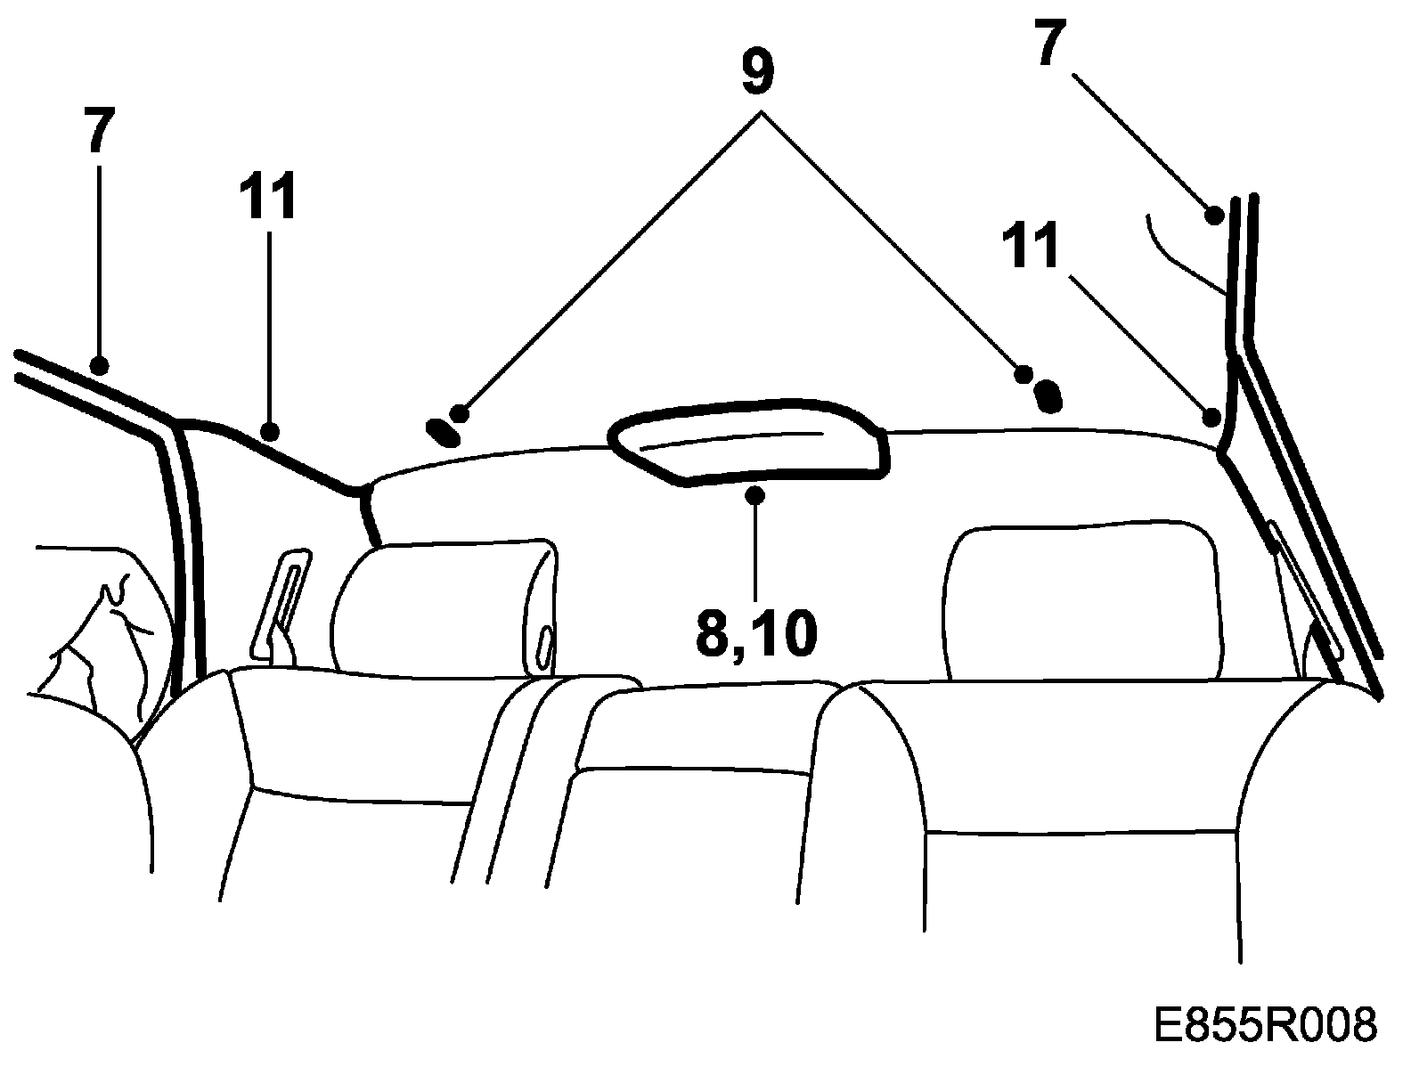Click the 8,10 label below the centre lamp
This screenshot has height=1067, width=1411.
pyautogui.click(x=755, y=633)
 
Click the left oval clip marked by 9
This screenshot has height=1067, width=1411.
pyautogui.click(x=443, y=431)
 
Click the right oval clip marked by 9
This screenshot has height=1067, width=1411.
pyautogui.click(x=1050, y=394)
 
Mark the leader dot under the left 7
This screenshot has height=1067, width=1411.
pyautogui.click(x=100, y=365)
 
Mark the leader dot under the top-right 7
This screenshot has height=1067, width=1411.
pyautogui.click(x=1212, y=214)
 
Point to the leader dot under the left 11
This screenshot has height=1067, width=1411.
pyautogui.click(x=270, y=433)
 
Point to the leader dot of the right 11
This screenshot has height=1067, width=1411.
pyautogui.click(x=1211, y=417)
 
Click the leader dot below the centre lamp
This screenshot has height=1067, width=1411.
pyautogui.click(x=755, y=495)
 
